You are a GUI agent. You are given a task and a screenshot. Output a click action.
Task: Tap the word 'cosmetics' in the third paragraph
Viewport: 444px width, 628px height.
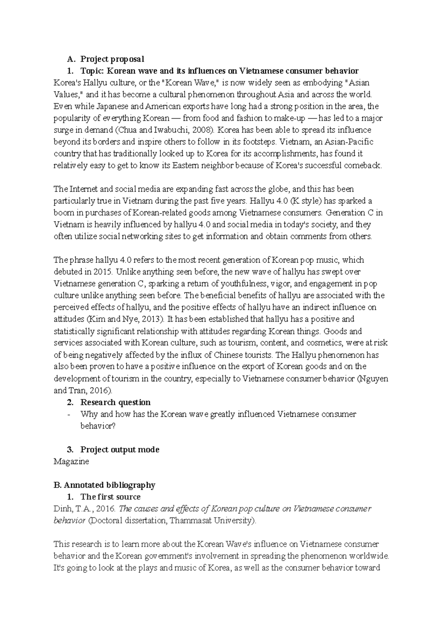pos(327,343)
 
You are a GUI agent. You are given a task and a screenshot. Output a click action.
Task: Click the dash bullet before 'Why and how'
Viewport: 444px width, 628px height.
pos(69,414)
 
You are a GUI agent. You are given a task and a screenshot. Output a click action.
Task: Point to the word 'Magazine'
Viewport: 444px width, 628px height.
pos(71,462)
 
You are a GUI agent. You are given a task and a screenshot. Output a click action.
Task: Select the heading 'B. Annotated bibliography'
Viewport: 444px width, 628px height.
pos(104,485)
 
